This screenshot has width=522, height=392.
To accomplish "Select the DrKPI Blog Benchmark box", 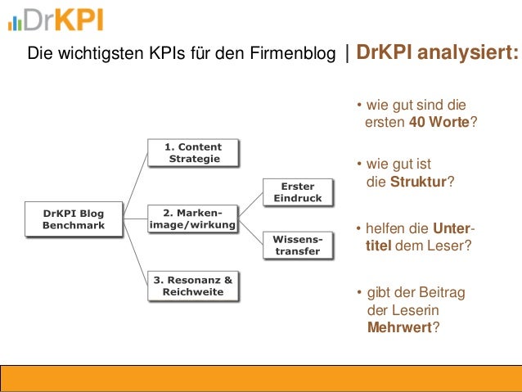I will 73,219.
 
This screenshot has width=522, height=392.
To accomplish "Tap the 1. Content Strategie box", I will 193,152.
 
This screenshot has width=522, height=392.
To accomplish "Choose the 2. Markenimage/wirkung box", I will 193,219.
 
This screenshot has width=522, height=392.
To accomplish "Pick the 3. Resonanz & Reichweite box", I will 193,286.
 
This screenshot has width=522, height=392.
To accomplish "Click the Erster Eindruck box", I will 297,192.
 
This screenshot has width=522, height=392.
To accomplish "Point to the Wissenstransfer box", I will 297,245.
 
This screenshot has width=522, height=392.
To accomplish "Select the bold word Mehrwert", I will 400,328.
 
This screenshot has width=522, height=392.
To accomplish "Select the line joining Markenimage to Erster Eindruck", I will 250,202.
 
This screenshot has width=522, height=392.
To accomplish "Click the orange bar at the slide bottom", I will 260,378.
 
